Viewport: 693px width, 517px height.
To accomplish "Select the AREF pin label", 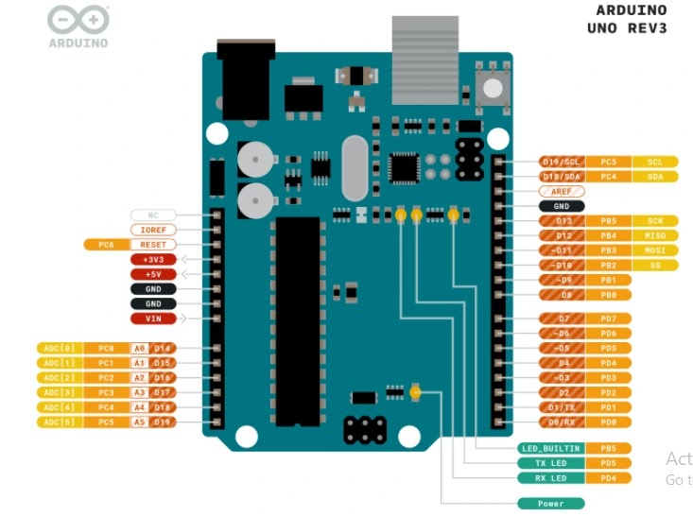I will [x=562, y=191].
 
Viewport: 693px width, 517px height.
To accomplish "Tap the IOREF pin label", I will [x=152, y=230].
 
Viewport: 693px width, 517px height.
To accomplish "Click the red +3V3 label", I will [x=152, y=259].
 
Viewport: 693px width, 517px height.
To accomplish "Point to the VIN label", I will [x=152, y=319].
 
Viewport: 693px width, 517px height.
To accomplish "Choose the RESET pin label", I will [x=152, y=245].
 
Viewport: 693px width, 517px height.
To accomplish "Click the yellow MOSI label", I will [x=655, y=250].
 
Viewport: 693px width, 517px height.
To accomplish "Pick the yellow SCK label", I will [x=655, y=221].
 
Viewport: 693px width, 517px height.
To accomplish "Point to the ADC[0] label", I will [x=60, y=348].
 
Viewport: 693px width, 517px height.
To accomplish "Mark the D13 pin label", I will [x=562, y=221].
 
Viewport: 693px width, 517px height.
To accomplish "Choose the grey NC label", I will [x=152, y=215].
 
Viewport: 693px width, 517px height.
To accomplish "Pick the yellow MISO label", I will [x=655, y=235].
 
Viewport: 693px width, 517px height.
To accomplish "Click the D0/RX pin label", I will [x=562, y=422].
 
